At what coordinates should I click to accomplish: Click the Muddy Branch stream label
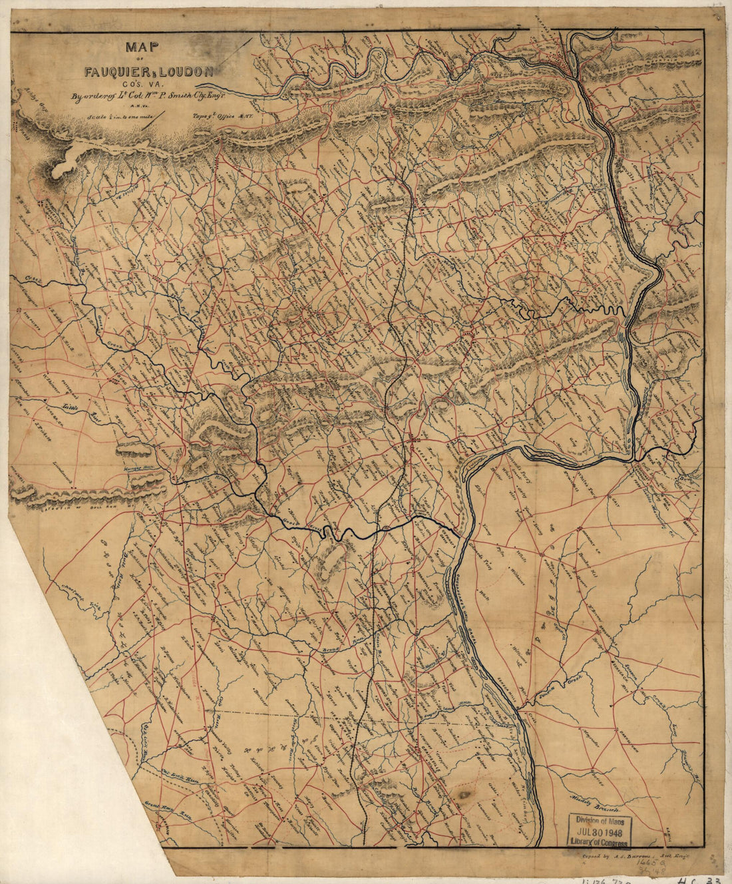(x=596, y=805)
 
